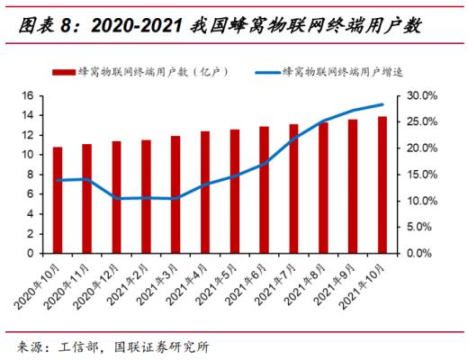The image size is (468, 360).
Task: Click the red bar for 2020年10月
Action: (58, 200)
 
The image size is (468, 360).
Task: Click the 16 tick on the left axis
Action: (28, 95)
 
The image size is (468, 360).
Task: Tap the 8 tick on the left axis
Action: (31, 174)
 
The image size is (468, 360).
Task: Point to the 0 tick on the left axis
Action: (31, 253)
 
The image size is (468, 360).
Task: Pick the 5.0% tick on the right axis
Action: (421, 227)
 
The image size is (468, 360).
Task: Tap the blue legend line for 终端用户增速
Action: (267, 70)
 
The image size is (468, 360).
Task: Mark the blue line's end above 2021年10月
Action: (382, 104)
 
